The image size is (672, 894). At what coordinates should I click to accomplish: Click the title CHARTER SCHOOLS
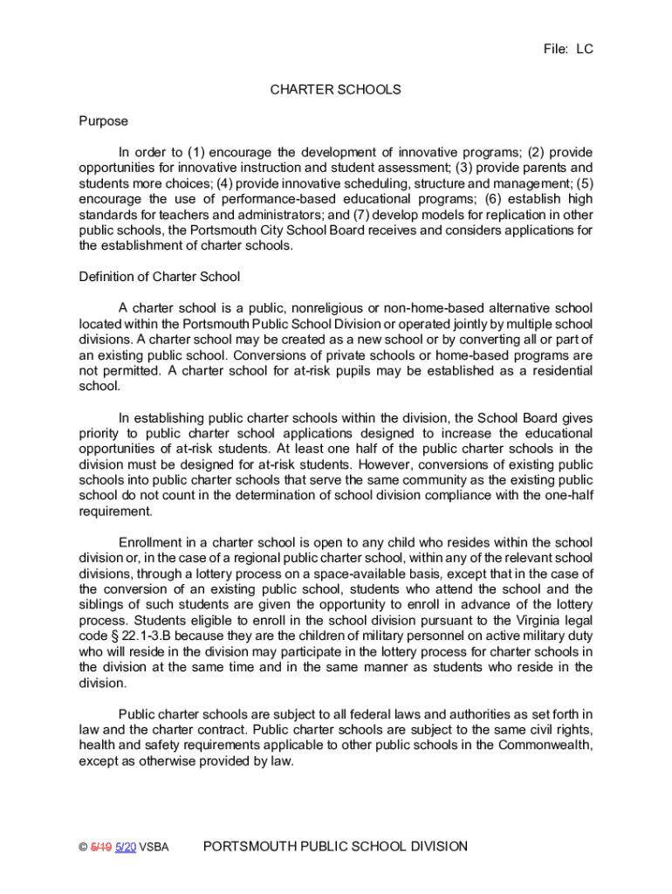tap(335, 89)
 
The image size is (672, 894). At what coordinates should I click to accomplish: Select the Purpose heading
tap(103, 120)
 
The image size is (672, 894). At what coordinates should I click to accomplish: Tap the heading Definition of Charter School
tap(159, 277)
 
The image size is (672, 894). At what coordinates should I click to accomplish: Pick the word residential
tap(559, 371)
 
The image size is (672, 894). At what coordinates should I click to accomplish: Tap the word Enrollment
tap(151, 542)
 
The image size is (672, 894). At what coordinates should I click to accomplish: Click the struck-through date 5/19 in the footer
tap(101, 847)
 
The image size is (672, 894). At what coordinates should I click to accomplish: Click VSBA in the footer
tap(154, 847)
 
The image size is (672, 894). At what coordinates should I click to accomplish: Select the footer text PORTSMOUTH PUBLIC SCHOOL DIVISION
tap(334, 846)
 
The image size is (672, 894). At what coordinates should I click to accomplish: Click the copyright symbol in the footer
tap(83, 847)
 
